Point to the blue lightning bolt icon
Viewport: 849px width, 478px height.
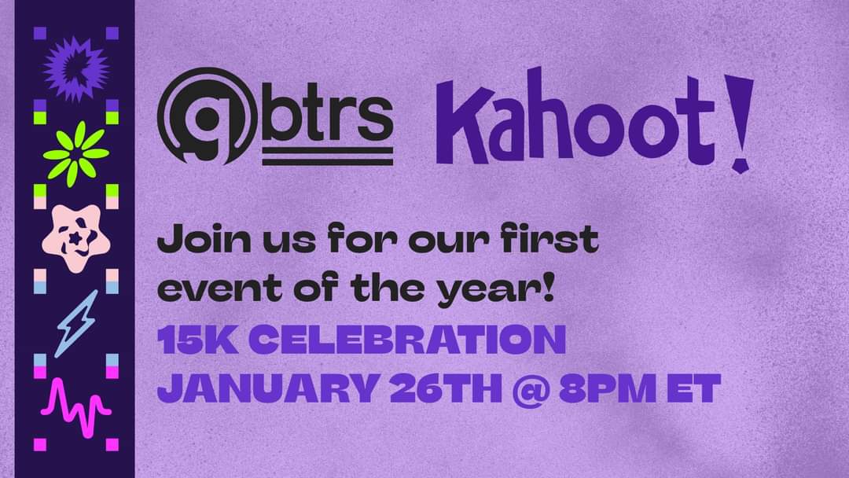pos(76,322)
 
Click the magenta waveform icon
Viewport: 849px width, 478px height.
pos(75,408)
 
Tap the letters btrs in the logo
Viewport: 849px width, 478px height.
pos(327,117)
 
